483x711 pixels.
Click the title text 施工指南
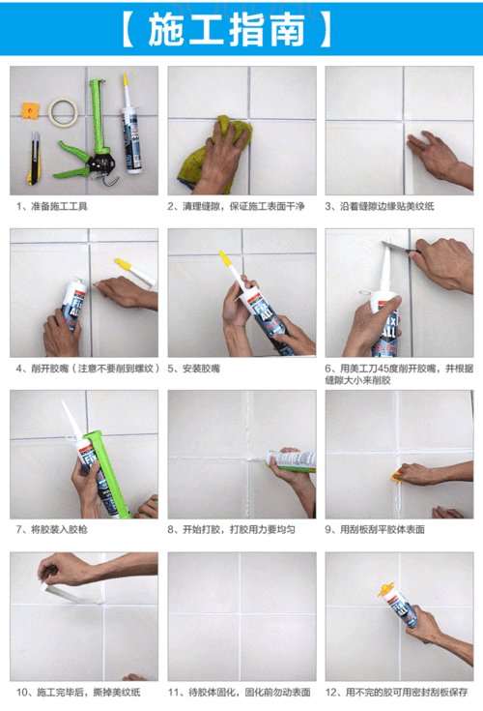[241, 30]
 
